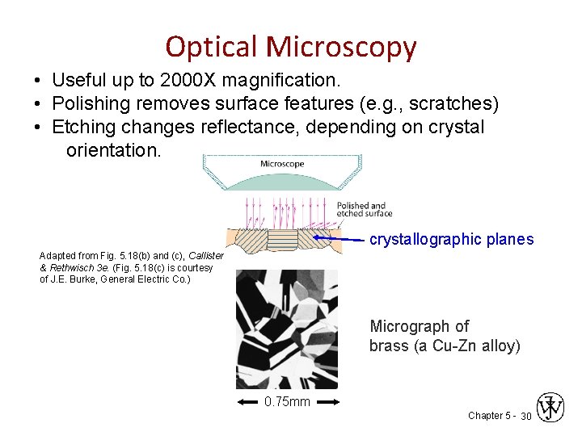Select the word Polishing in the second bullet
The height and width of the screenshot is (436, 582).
91,104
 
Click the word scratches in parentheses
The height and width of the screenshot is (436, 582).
454,104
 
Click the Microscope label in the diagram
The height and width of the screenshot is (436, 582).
281,164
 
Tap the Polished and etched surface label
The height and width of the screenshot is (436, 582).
364,209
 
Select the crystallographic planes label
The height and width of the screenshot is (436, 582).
451,239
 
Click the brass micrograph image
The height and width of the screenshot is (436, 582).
286,329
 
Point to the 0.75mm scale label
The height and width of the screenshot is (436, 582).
287,401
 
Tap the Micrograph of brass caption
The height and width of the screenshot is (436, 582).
445,336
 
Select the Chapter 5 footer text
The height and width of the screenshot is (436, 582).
489,415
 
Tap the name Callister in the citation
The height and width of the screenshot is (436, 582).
206,256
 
